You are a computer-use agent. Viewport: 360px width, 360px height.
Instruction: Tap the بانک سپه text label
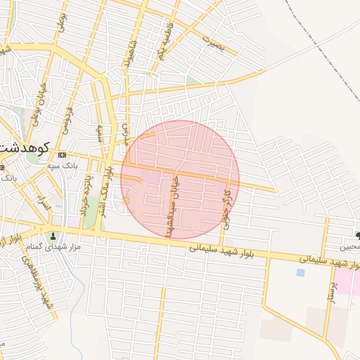click(x=81, y=166)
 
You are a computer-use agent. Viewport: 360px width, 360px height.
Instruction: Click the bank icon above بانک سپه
click(x=62, y=154)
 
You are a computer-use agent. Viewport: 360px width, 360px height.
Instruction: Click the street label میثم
click(x=101, y=131)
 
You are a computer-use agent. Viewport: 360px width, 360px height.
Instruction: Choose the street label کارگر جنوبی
click(x=226, y=204)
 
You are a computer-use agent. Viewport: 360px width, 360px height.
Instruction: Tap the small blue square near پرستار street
click(x=300, y=272)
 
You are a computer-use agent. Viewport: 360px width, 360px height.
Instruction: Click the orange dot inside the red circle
click(x=126, y=201)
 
